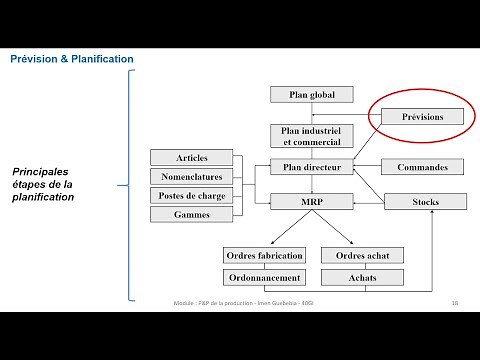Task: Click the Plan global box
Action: [312, 95]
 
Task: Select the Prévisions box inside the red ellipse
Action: [423, 117]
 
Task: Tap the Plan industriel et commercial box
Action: [312, 136]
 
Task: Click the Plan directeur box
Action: [312, 167]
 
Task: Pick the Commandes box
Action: [423, 167]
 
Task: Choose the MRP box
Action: [312, 202]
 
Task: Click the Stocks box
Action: [425, 202]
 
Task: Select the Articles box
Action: [192, 158]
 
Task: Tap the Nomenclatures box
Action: [192, 177]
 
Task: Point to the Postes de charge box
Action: [192, 195]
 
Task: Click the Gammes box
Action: [192, 214]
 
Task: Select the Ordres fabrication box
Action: [263, 256]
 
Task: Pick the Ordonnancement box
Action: [263, 277]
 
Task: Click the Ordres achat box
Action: [362, 256]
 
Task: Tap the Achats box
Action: [362, 277]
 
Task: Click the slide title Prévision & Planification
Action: [71, 60]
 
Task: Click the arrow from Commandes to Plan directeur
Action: [368, 167]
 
